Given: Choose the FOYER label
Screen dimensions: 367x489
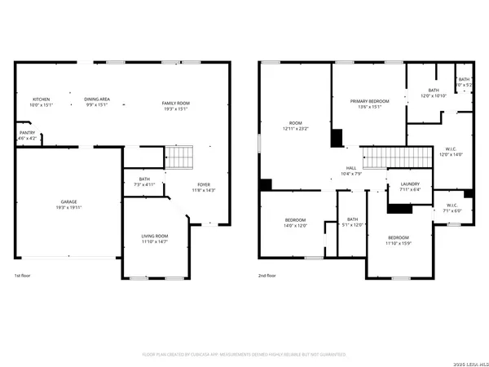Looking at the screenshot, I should coord(200,187).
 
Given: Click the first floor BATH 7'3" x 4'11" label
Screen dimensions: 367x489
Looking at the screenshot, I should coord(144,181).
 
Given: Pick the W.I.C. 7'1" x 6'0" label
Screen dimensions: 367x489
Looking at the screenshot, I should coord(453,207).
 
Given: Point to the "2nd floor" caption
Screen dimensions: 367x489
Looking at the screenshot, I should coord(267,276).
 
